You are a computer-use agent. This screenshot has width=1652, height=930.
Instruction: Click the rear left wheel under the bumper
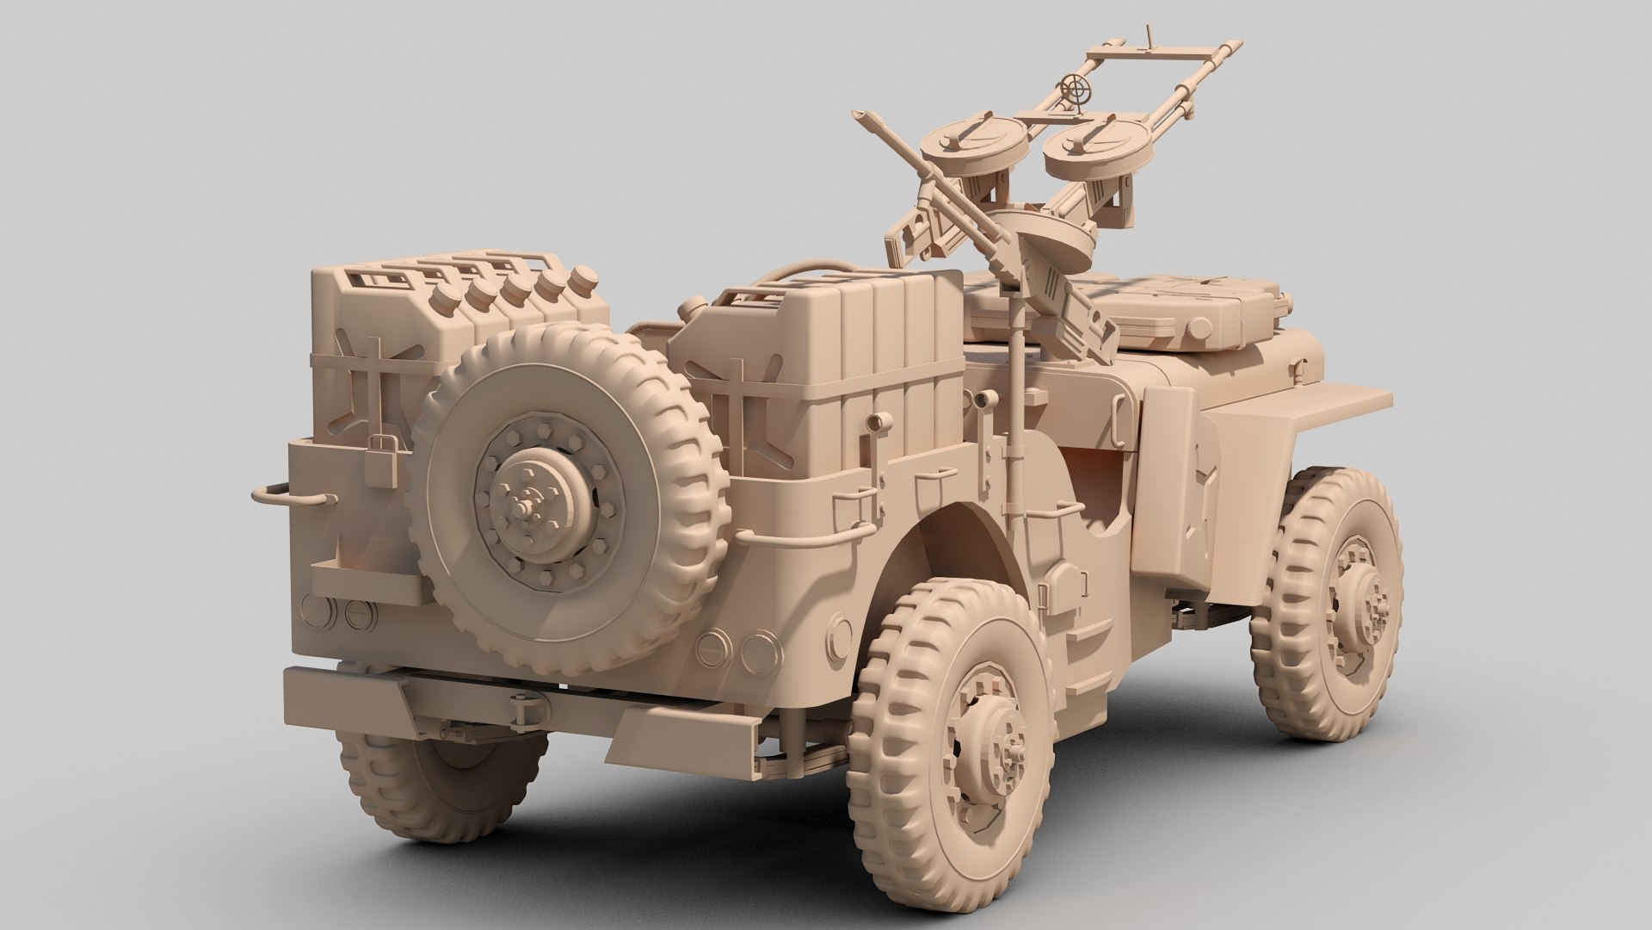click(x=430, y=779)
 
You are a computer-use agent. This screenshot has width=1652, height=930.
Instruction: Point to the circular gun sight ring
click(x=1075, y=87)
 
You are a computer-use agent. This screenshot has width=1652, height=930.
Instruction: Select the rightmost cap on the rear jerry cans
click(x=585, y=278)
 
